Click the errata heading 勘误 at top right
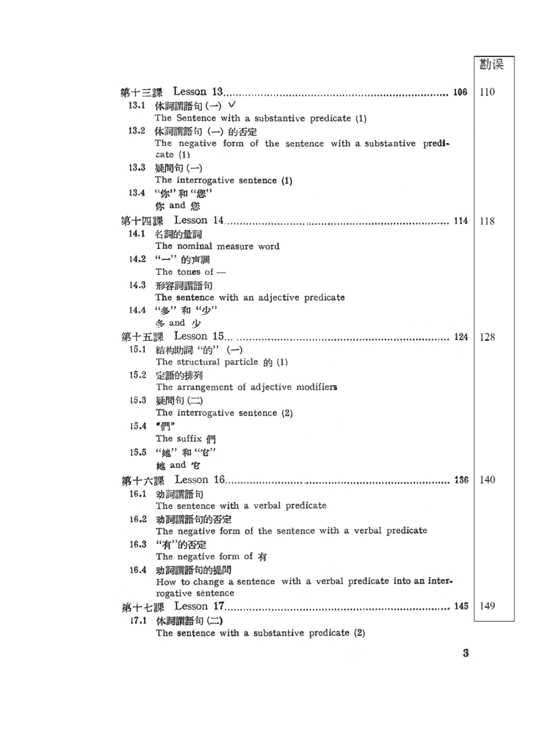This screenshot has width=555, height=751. click(491, 64)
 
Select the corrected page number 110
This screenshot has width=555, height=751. click(487, 92)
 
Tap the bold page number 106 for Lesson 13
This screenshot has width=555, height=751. click(460, 92)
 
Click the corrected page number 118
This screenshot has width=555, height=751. click(487, 221)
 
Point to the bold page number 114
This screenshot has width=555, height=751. click(461, 221)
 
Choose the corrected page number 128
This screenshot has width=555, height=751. click(487, 337)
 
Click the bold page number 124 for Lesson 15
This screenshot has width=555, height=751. click(461, 337)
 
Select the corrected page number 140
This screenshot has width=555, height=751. click(487, 480)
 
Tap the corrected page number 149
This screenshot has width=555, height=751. click(487, 606)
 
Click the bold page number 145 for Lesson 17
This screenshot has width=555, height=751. click(461, 606)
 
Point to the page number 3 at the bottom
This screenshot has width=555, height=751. click(466, 653)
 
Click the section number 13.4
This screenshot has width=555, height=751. click(137, 193)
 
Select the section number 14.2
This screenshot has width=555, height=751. click(137, 259)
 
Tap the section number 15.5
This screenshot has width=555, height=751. click(138, 452)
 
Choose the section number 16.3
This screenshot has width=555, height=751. click(138, 544)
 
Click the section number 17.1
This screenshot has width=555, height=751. click(138, 620)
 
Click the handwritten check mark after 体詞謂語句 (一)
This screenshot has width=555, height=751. click(232, 105)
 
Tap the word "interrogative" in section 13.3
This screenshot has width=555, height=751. click(209, 180)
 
